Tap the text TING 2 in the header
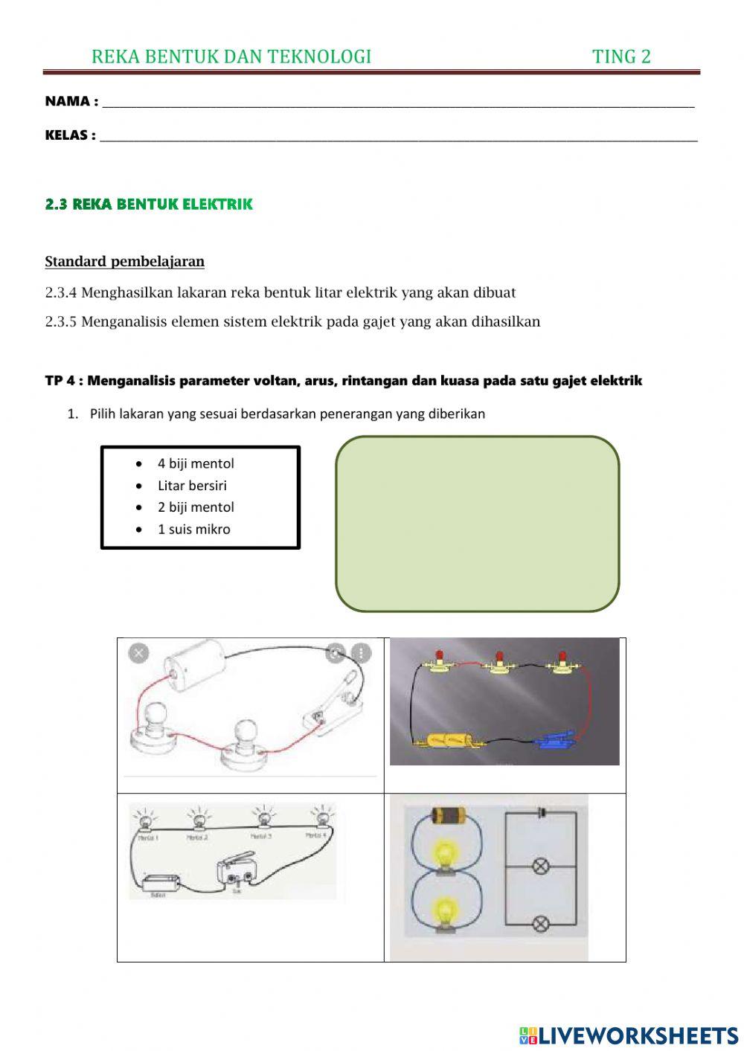(621, 57)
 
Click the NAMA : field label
(71, 101)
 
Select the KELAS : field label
(70, 135)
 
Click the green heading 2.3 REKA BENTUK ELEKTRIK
(149, 204)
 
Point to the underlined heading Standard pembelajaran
(124, 261)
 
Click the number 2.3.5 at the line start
(61, 321)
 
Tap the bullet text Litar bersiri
(192, 486)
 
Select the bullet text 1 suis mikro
(193, 530)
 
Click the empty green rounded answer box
(477, 524)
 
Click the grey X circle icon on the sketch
(138, 653)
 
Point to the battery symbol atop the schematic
(541, 812)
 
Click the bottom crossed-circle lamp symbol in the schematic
(541, 924)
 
